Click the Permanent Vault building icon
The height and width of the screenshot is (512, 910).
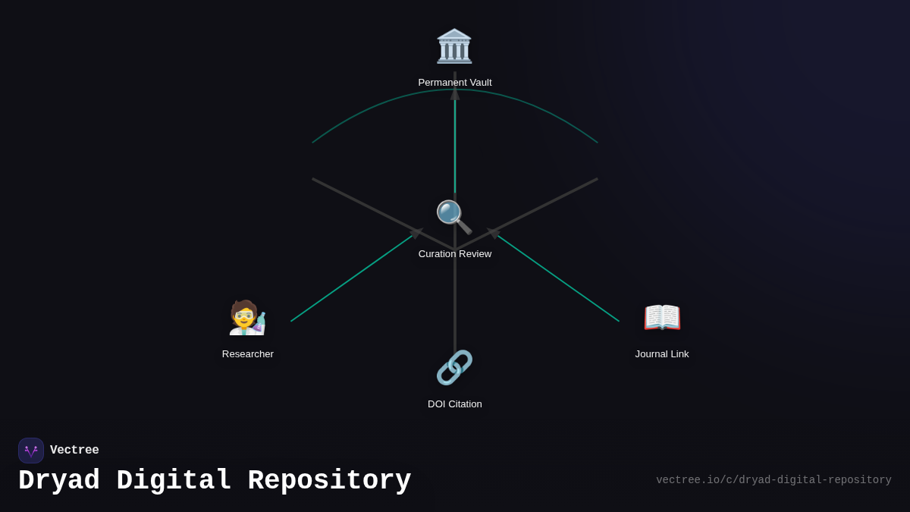click(454, 46)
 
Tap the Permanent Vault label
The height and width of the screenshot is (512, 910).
click(455, 83)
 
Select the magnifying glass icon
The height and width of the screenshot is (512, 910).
click(453, 217)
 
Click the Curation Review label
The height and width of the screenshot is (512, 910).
click(455, 254)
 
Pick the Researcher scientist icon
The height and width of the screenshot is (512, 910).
click(247, 318)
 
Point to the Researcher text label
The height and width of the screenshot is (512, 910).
click(248, 354)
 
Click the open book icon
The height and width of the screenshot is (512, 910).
click(662, 318)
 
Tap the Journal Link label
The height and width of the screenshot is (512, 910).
click(662, 354)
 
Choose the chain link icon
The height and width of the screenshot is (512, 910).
click(454, 368)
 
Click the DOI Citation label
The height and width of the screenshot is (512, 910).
click(455, 404)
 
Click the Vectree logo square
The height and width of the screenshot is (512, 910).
click(31, 451)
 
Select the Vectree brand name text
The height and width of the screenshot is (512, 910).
click(74, 451)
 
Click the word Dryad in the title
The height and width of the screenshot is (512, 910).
click(59, 481)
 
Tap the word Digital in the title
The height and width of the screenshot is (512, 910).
click(174, 481)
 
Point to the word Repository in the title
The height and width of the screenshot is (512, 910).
click(329, 481)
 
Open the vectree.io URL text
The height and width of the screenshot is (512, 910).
click(773, 480)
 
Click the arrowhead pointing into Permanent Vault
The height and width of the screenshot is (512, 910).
click(455, 93)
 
